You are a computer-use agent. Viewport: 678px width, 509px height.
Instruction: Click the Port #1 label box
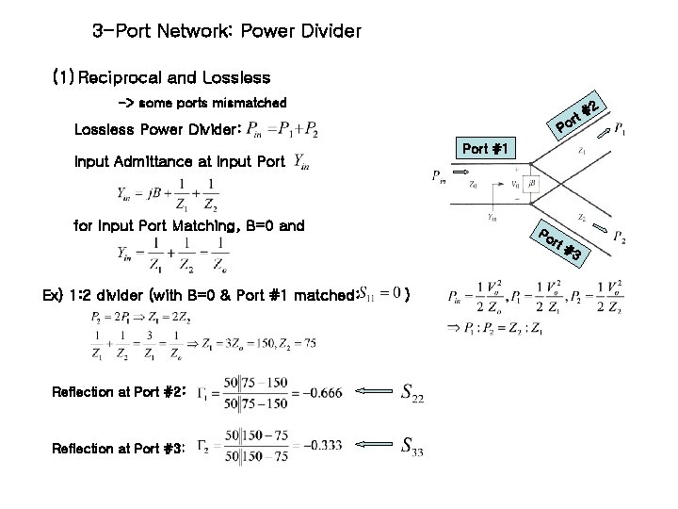tap(486, 148)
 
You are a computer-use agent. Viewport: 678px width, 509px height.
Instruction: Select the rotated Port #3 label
tap(562, 243)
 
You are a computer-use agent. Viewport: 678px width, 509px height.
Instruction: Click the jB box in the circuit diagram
tap(532, 183)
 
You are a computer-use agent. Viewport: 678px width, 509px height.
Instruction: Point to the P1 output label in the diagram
tap(622, 130)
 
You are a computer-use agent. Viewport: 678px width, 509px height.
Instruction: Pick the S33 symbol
tap(412, 447)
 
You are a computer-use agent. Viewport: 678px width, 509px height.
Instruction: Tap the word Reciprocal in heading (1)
tap(126, 77)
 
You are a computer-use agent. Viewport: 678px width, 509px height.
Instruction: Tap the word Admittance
tap(166, 161)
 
